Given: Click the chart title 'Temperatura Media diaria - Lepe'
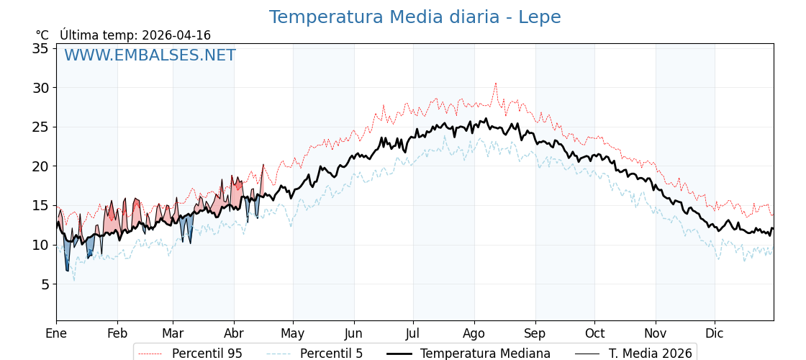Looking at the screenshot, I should point(415,17).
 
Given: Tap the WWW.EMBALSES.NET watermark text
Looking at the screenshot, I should point(150,55).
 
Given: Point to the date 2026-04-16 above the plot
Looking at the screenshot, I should point(176,35).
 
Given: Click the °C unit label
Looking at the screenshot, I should point(42,35).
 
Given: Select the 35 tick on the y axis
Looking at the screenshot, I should point(40,48).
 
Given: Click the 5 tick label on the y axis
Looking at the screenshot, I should point(44,284).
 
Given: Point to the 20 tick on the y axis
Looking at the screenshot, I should point(40,166).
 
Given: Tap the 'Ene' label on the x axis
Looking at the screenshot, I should point(56,334).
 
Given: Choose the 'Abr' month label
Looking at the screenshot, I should point(234,334).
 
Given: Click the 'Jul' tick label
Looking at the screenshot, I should point(413,334).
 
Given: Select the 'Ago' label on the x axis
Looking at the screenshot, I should point(474,334).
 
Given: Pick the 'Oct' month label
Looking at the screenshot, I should point(594,334).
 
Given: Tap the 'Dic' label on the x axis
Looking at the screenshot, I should point(715,334).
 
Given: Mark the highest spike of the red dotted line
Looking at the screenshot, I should point(495,84).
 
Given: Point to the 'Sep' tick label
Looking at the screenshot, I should point(535,334).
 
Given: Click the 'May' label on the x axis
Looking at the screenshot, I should point(293,334).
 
